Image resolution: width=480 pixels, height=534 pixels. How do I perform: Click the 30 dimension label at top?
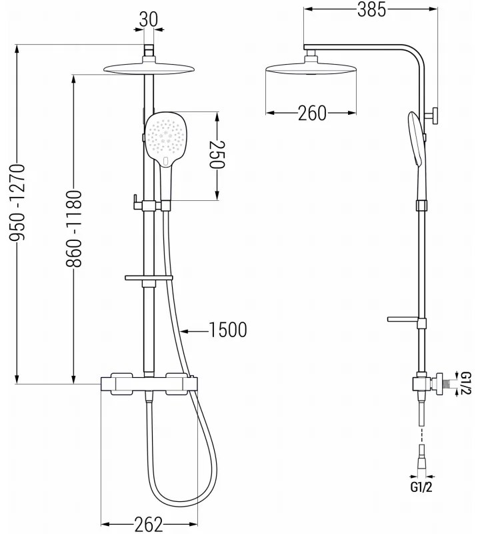pyautogui.click(x=149, y=20)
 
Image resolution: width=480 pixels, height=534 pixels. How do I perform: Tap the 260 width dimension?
pyautogui.click(x=311, y=113)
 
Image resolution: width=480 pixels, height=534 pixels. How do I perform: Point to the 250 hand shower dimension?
pyautogui.click(x=218, y=154)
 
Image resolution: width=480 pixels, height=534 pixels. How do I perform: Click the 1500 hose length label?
pyautogui.click(x=227, y=329)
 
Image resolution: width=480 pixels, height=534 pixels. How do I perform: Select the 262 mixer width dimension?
pyautogui.click(x=148, y=525)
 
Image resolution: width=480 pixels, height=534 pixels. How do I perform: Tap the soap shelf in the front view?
pyautogui.click(x=148, y=276)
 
